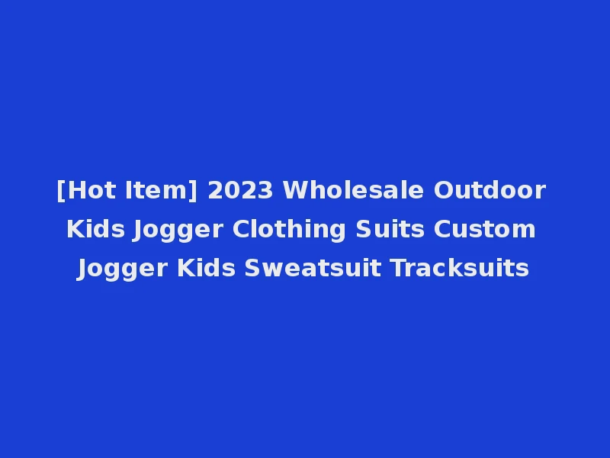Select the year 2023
click(239, 191)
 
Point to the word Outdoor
click(490, 191)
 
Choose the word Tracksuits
click(460, 269)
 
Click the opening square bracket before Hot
click(60, 191)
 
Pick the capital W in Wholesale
click(295, 191)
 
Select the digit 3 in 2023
click(267, 191)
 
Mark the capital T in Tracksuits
click(398, 269)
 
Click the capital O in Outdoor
click(444, 191)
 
